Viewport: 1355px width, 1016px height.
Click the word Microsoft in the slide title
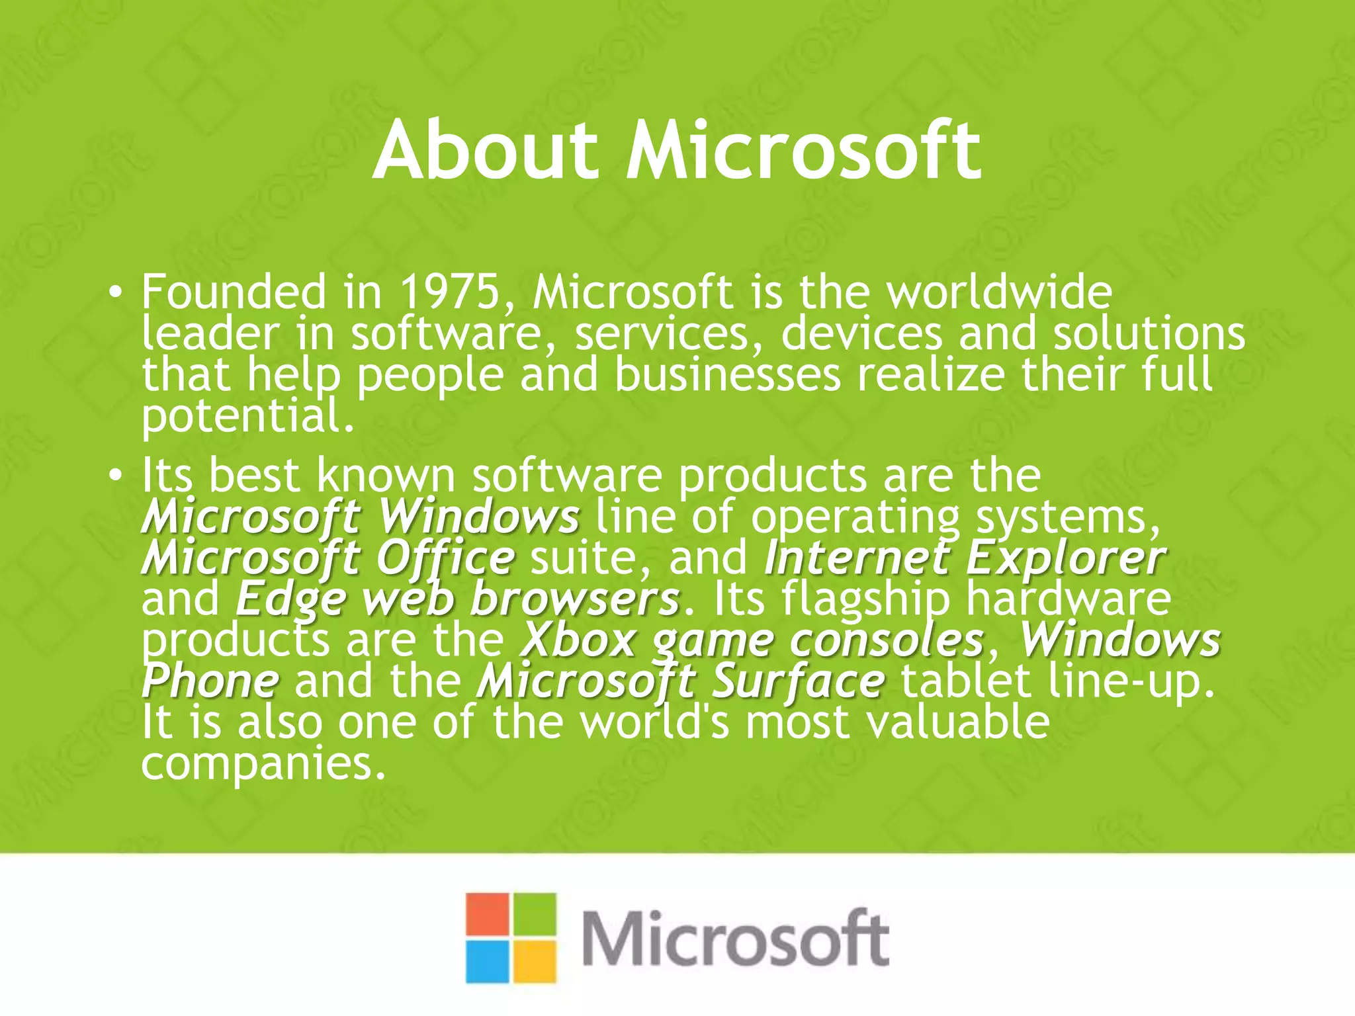[x=803, y=151]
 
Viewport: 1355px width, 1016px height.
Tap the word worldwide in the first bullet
[x=999, y=292]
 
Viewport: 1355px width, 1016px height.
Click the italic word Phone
[x=210, y=681]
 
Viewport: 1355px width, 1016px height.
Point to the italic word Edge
[x=291, y=599]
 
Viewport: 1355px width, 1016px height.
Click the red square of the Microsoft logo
[x=487, y=915]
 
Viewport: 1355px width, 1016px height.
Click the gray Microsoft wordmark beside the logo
[x=734, y=939]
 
